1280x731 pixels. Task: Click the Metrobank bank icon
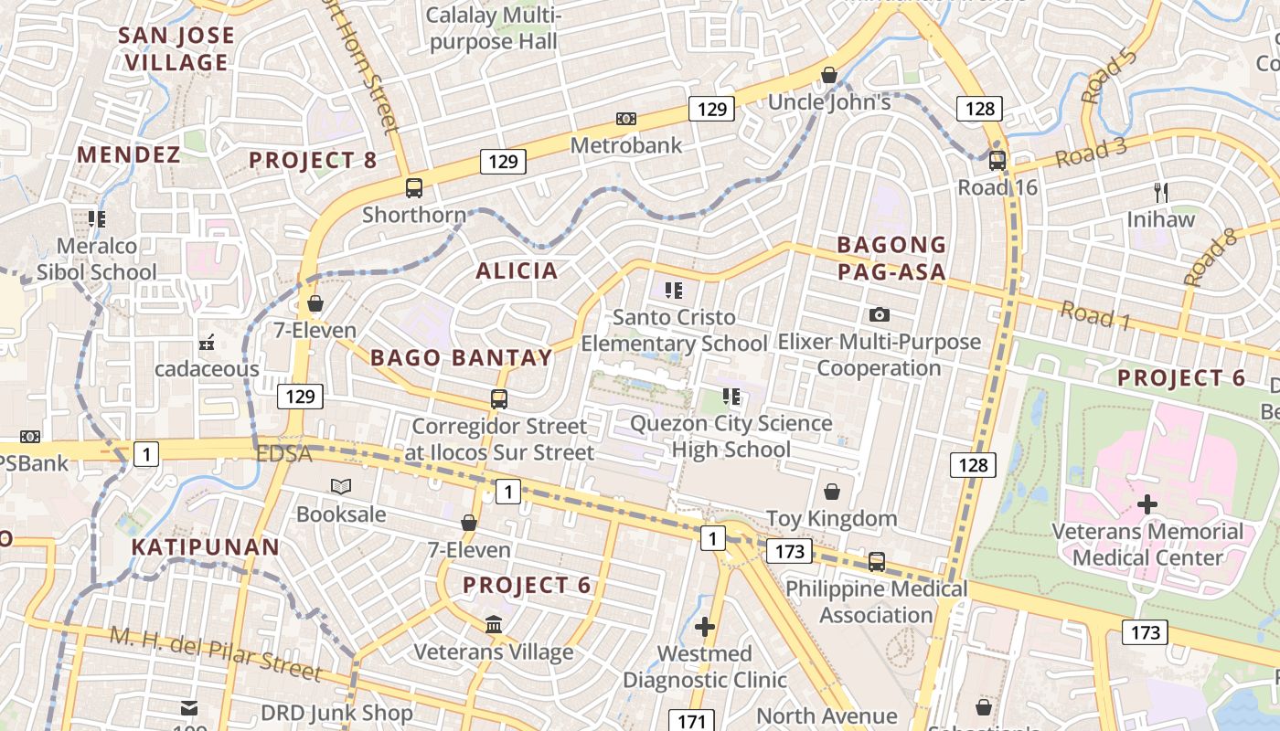pos(626,119)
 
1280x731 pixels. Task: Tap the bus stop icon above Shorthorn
pos(414,188)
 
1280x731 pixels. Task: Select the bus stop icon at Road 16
pos(997,161)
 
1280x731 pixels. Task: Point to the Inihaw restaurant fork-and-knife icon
pos(1161,193)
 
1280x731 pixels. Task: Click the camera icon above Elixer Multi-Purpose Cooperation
pos(880,314)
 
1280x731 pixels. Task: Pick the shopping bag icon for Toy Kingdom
pos(831,492)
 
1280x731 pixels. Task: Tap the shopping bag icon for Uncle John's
pos(829,75)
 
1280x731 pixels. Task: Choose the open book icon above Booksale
pos(341,487)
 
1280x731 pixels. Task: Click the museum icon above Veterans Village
pos(494,625)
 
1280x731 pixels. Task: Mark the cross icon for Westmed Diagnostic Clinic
pos(704,627)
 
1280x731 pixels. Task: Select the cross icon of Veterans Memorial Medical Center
pos(1147,504)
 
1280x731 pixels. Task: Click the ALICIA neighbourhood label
pos(517,270)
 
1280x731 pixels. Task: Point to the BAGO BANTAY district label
pos(462,357)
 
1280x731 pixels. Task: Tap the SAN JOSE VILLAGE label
pos(177,49)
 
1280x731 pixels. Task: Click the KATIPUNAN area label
pos(205,547)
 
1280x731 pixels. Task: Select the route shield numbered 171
pos(691,721)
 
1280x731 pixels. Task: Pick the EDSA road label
pos(283,453)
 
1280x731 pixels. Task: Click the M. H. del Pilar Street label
pos(216,654)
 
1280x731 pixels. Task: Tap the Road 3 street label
pos(1091,153)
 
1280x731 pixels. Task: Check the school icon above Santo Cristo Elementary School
pos(674,291)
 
